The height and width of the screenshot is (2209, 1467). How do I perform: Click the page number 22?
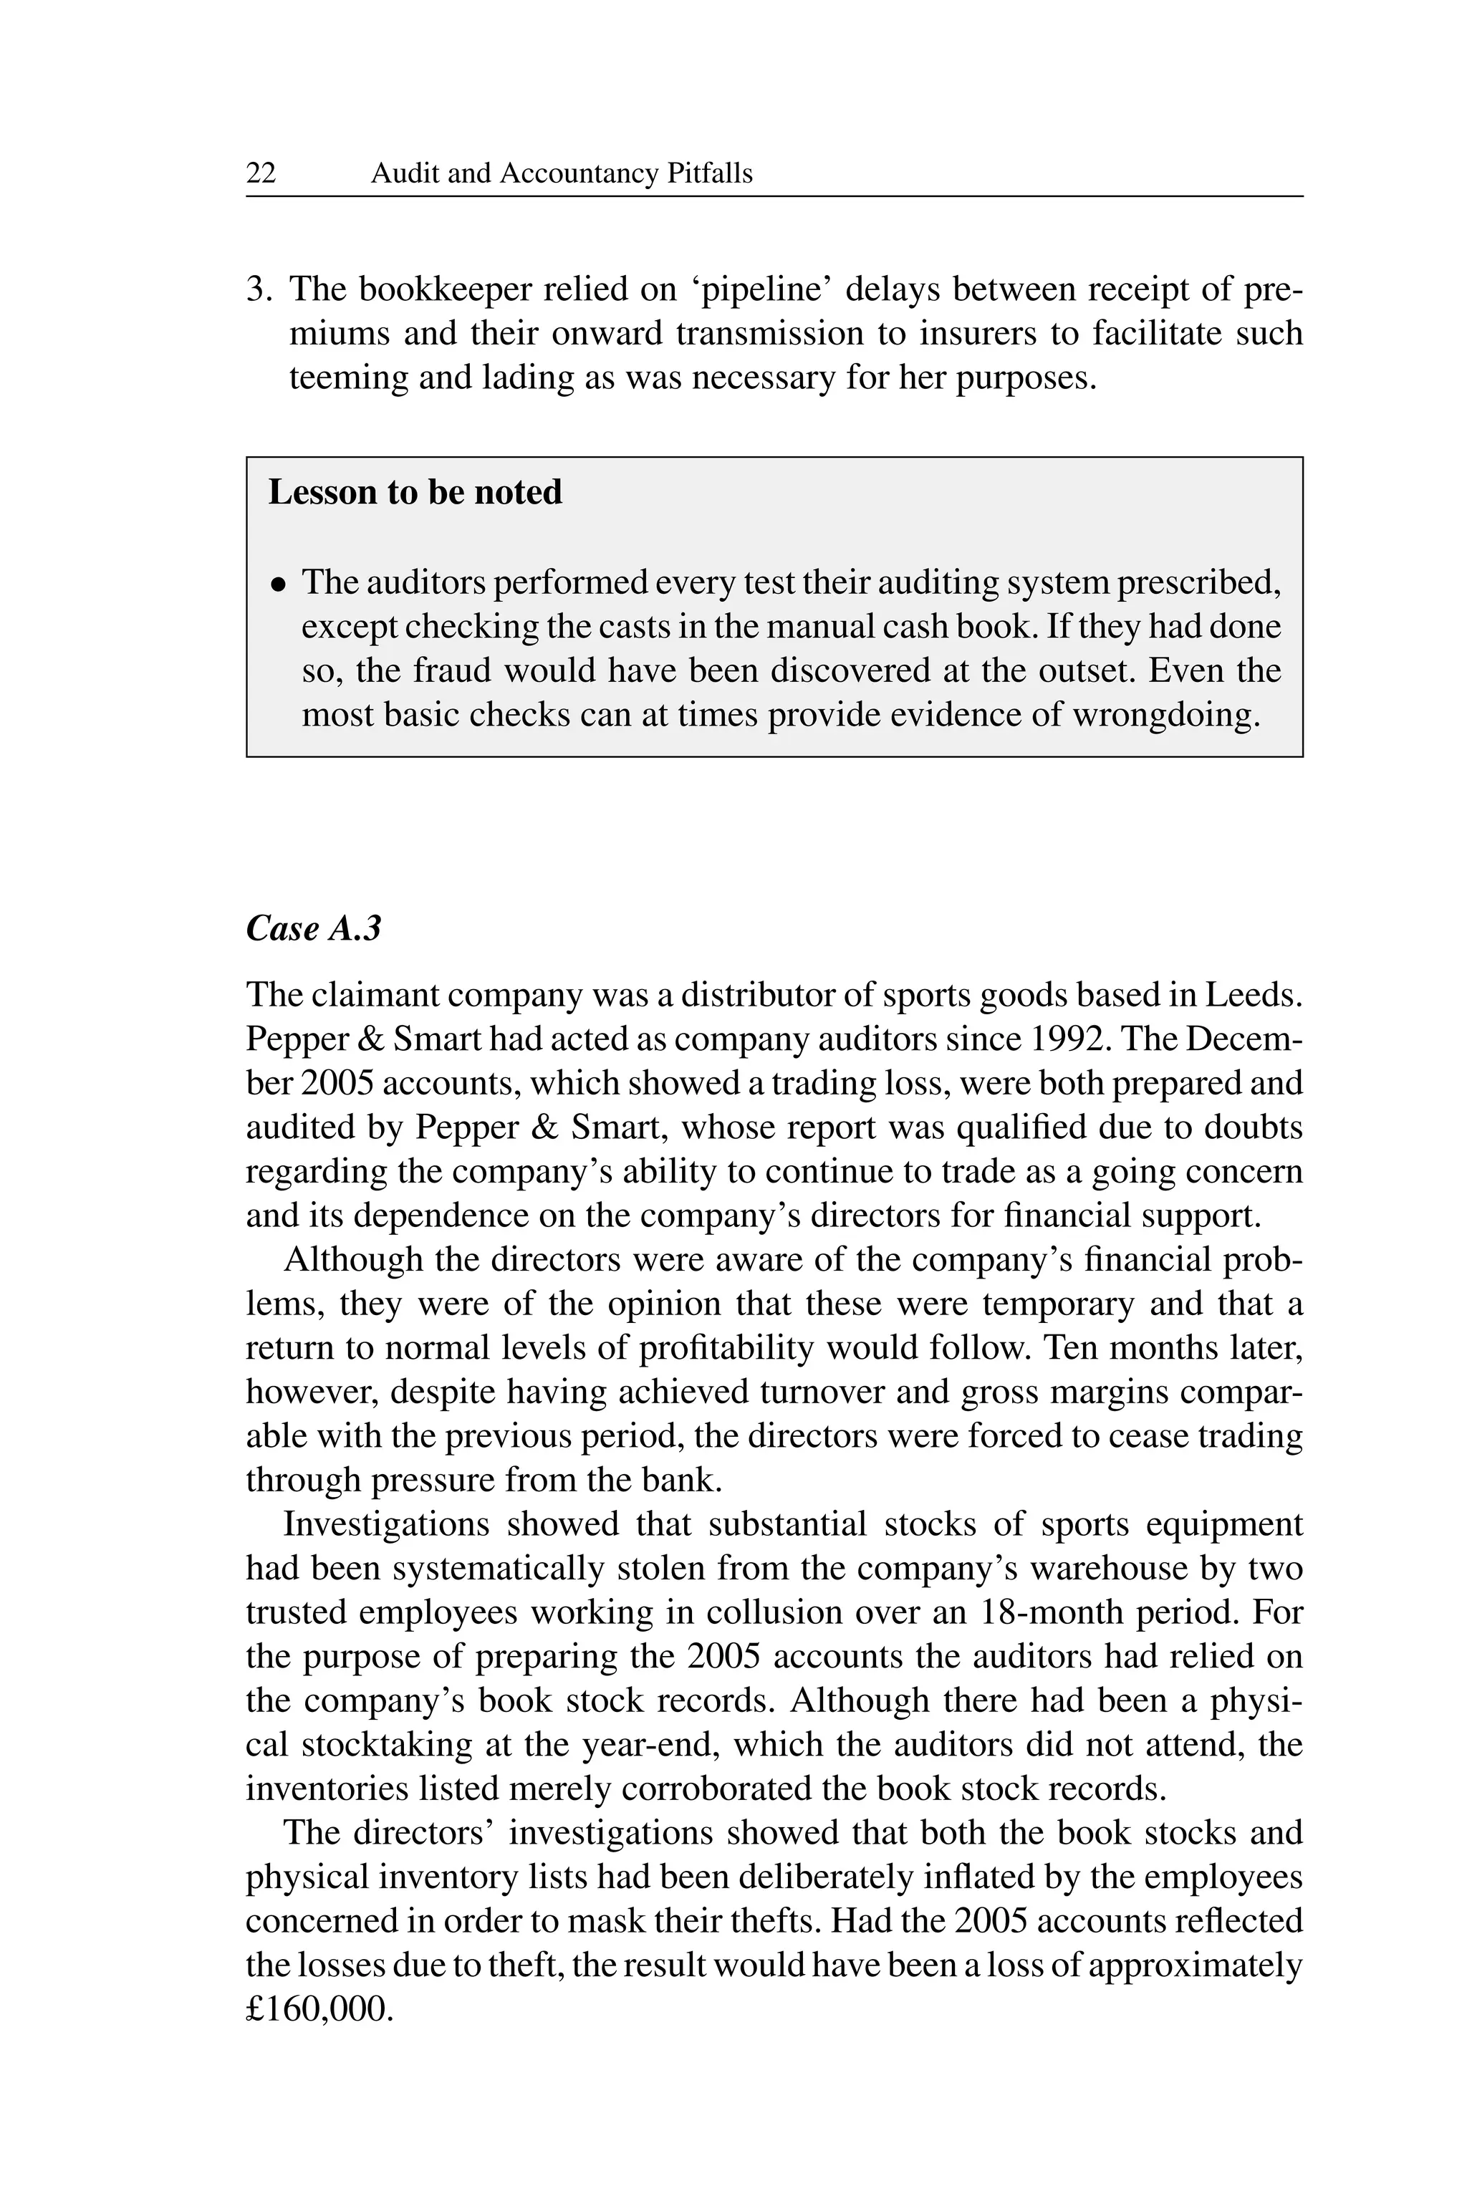click(261, 174)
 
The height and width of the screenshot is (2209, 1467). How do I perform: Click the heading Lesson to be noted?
click(415, 493)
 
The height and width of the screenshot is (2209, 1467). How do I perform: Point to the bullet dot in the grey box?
click(278, 584)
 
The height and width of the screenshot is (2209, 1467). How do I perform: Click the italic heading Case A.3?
click(314, 928)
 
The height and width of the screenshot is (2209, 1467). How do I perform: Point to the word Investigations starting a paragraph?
click(386, 1525)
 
